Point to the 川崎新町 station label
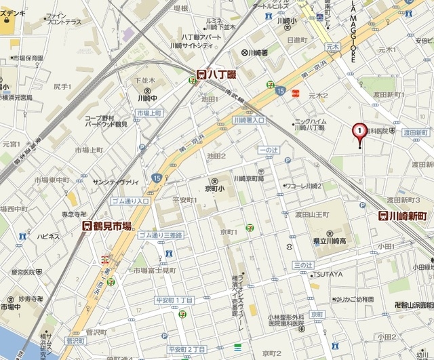click(403, 216)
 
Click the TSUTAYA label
click(328, 274)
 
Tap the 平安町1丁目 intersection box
click(176, 300)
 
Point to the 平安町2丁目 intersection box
click(186, 348)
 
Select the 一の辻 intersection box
click(269, 149)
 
